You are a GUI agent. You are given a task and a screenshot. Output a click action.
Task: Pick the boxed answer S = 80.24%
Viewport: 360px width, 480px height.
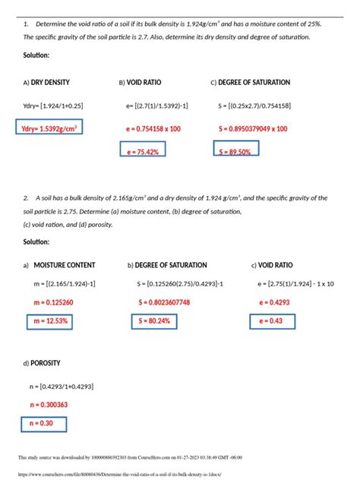click(154, 321)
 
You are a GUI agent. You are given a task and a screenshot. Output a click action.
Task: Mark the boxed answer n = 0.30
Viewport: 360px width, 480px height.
click(43, 423)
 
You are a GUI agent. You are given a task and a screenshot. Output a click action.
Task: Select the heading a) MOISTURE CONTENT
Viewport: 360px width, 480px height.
click(59, 265)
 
